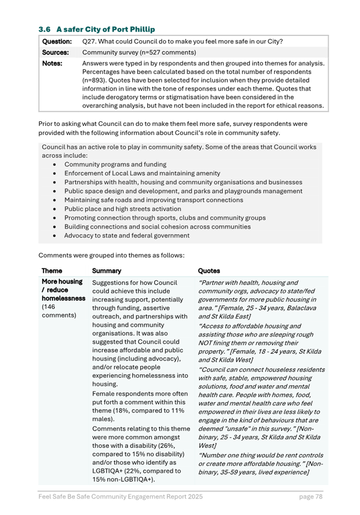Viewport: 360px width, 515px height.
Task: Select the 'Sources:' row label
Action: (55, 52)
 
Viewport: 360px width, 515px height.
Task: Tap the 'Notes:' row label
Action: (52, 63)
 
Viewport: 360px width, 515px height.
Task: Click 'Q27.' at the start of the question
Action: (89, 42)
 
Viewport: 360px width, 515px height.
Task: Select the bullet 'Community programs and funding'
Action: (115, 164)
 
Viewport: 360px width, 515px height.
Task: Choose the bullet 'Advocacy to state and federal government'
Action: (127, 235)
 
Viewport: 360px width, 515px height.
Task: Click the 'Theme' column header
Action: (52, 271)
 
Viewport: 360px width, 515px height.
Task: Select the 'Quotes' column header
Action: (209, 271)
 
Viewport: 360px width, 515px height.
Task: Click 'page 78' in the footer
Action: (310, 496)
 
